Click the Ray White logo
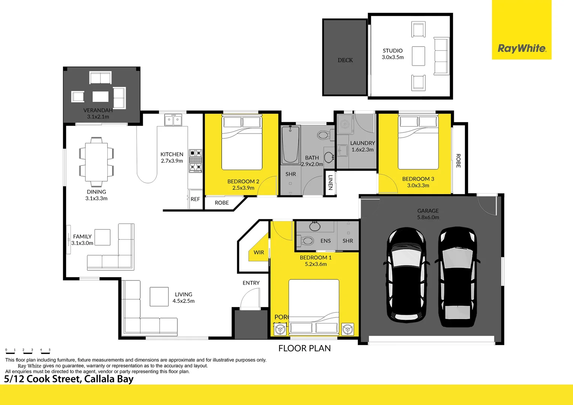(x=522, y=48)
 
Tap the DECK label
(x=345, y=60)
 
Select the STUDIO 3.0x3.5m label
(x=393, y=54)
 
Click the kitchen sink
(x=173, y=120)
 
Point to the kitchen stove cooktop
(x=195, y=160)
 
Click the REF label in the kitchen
(x=195, y=199)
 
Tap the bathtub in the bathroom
(x=291, y=144)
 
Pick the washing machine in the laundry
(x=345, y=124)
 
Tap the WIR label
(x=259, y=252)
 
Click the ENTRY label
(x=251, y=283)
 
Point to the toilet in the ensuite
(x=306, y=240)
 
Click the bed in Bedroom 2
(x=242, y=143)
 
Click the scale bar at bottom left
(x=28, y=351)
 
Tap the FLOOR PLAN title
(x=304, y=348)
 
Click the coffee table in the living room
(x=159, y=297)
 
